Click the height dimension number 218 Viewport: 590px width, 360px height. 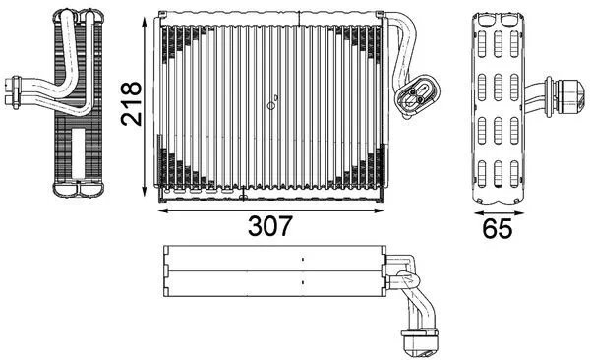point(131,103)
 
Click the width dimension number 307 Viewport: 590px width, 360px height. point(269,226)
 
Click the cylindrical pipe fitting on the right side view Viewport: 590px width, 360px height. point(566,94)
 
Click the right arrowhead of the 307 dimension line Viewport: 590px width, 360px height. point(382,210)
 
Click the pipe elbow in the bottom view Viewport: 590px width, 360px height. point(403,267)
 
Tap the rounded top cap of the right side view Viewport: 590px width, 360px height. point(498,20)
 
